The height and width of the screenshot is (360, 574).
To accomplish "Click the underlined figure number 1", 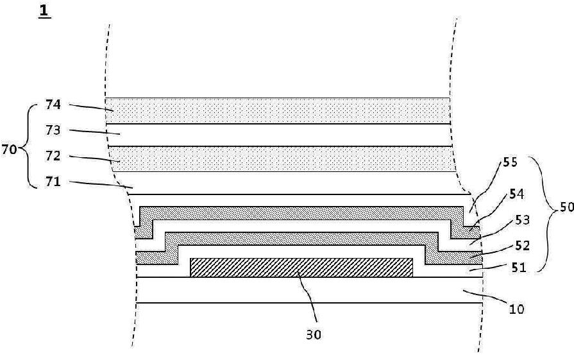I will (x=45, y=11).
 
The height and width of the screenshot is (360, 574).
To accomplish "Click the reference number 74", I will (x=53, y=105).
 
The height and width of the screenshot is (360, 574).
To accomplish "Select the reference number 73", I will (x=53, y=130).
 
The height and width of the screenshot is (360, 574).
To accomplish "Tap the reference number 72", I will (x=53, y=156).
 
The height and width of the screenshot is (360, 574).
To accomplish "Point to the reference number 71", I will (x=53, y=182).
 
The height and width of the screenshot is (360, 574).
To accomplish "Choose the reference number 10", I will (x=516, y=309).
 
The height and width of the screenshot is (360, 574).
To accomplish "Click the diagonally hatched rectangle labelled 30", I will (x=301, y=268).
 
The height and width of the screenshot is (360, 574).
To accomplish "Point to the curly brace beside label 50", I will (x=549, y=212).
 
